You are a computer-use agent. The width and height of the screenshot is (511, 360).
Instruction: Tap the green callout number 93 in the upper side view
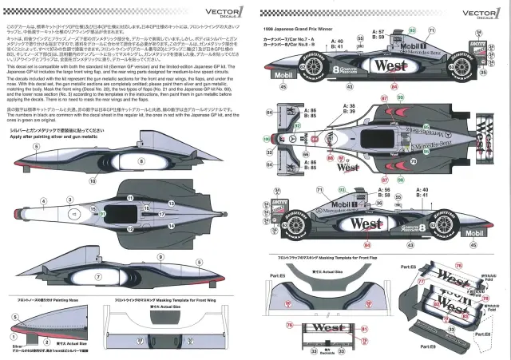(413, 30)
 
